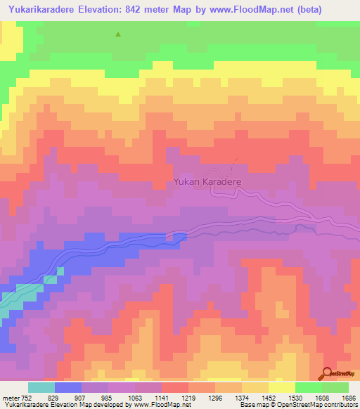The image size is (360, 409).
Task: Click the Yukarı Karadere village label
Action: point(207,181)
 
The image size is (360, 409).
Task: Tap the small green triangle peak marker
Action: point(118,34)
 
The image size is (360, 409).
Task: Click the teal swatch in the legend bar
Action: point(41,387)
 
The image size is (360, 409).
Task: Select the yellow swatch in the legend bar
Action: point(281,387)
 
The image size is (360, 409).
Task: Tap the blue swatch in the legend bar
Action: point(68,387)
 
